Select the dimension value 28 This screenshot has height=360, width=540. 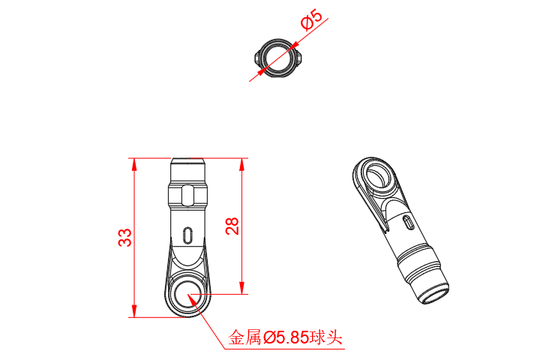(x=232, y=226)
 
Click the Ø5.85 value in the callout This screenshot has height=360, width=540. (x=286, y=338)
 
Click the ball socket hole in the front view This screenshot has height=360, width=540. (x=187, y=295)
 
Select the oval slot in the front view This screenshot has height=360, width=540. (x=187, y=235)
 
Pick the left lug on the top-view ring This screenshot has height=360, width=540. (x=258, y=57)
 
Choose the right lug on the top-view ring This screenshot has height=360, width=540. (x=300, y=57)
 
